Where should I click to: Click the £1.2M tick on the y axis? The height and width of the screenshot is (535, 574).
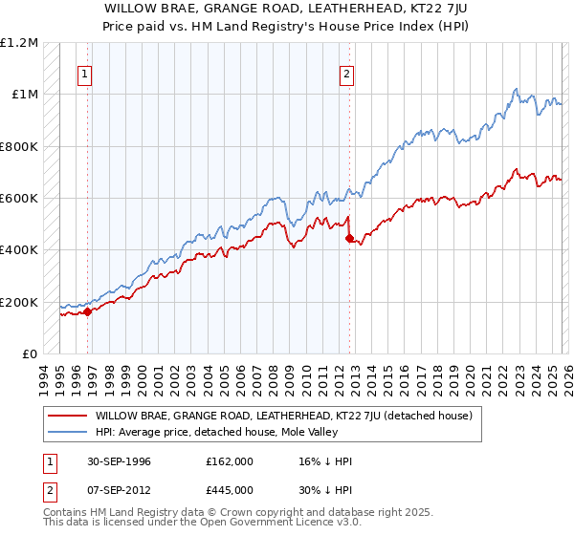19,43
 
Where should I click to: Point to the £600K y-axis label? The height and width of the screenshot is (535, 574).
18,199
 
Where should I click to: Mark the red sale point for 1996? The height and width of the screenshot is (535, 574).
87,311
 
